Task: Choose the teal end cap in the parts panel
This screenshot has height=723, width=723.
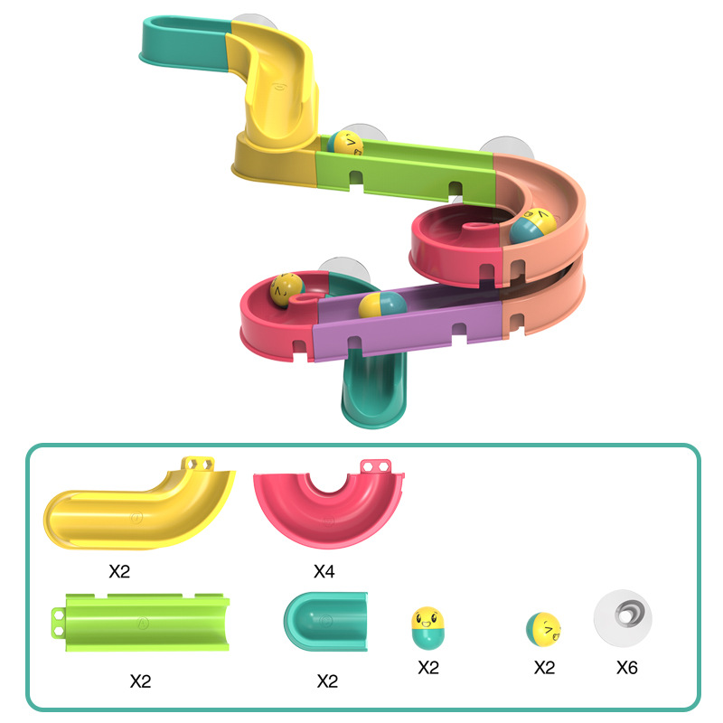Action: (326, 624)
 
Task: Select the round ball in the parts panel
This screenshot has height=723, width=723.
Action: (543, 629)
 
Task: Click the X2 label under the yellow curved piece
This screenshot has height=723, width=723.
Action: (119, 571)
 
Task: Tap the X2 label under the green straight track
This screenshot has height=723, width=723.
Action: (140, 681)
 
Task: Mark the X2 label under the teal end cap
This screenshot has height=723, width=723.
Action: (326, 681)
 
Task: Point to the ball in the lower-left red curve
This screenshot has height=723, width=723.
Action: (286, 289)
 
